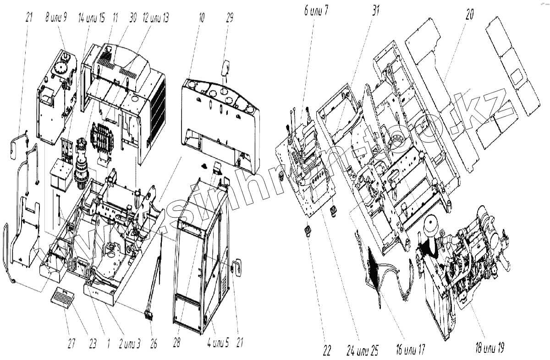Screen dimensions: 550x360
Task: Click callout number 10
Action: [x=202, y=17]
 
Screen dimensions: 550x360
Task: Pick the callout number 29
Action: [x=229, y=17]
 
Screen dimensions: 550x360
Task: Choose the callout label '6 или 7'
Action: [x=316, y=11]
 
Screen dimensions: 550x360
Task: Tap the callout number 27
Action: [x=71, y=344]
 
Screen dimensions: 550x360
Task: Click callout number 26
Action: [x=154, y=344]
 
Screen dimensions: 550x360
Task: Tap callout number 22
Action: [x=327, y=349]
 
